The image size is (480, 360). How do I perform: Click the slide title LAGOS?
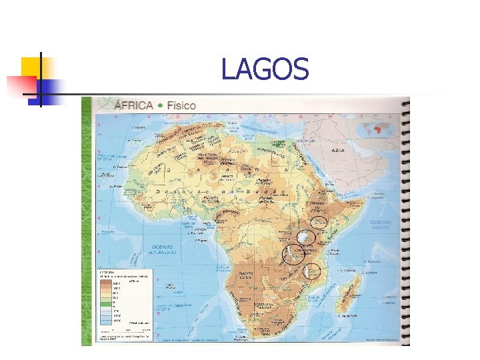point(265,69)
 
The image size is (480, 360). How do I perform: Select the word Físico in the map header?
point(181,105)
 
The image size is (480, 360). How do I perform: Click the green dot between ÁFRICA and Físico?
point(159,106)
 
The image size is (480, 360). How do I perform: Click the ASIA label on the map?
point(338,150)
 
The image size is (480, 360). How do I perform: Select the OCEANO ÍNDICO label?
point(382,225)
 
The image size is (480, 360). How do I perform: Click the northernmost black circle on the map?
point(319,223)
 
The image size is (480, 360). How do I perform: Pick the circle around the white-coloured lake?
point(305,238)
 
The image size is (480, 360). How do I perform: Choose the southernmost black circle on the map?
point(312,271)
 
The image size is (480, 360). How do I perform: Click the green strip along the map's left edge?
point(87,220)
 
